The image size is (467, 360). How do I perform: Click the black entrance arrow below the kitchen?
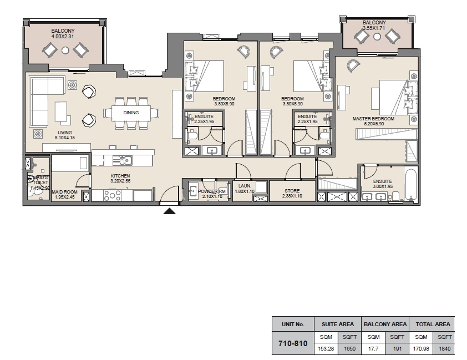[170, 211]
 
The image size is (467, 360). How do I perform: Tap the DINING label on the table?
[131, 113]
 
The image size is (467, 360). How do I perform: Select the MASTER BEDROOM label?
[373, 119]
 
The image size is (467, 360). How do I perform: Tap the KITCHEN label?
[120, 176]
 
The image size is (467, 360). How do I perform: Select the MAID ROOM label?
[64, 192]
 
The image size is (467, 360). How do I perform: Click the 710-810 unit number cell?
[292, 343]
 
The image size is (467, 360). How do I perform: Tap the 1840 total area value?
[444, 349]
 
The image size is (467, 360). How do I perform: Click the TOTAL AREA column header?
[432, 324]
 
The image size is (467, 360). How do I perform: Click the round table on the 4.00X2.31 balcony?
[65, 50]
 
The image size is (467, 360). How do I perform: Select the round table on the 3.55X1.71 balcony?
[377, 37]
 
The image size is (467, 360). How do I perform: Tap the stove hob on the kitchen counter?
[113, 195]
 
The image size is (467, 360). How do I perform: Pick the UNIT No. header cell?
[292, 324]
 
